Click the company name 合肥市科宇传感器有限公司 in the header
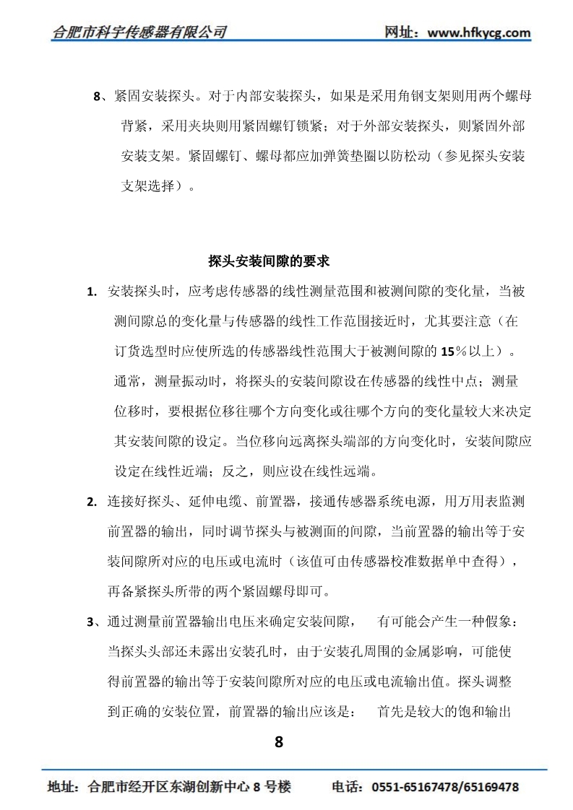point(140,32)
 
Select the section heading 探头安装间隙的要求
point(269,261)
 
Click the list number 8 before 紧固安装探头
point(98,96)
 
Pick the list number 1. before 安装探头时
point(92,292)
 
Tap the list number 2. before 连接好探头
point(92,502)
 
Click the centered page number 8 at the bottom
point(280,741)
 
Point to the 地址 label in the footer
point(59,787)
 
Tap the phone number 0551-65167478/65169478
point(445,787)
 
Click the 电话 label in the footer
point(345,787)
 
